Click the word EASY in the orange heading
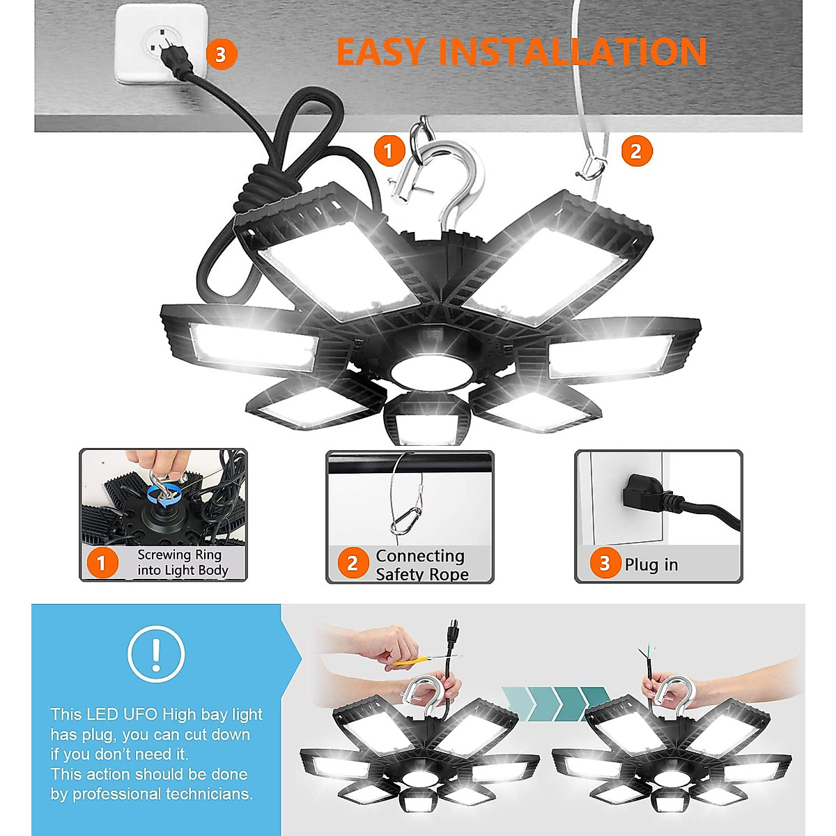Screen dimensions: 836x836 [380, 52]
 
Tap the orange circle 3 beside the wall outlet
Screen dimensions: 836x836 [221, 54]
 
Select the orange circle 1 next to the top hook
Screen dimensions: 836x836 [389, 150]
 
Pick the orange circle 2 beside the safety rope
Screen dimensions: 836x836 [635, 151]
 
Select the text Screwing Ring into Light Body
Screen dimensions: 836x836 [183, 563]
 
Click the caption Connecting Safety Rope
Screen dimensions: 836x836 [421, 565]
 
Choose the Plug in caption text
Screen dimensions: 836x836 [651, 565]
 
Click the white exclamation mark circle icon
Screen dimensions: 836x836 [156, 653]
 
